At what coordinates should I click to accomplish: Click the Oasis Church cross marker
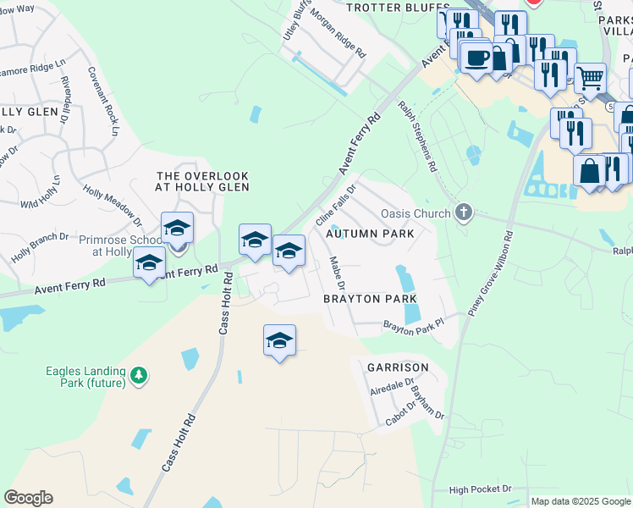(x=463, y=213)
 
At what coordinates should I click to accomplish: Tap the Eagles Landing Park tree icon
(x=140, y=374)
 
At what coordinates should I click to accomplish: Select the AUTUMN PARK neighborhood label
(x=373, y=233)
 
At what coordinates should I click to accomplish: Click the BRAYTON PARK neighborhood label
(x=370, y=299)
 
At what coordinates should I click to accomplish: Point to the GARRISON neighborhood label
(x=397, y=367)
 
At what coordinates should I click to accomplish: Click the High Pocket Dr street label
(x=481, y=489)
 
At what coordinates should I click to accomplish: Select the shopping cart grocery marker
(x=590, y=78)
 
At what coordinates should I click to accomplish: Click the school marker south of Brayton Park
(x=279, y=340)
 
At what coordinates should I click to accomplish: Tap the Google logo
(x=28, y=498)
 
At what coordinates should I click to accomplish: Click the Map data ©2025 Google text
(x=580, y=501)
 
